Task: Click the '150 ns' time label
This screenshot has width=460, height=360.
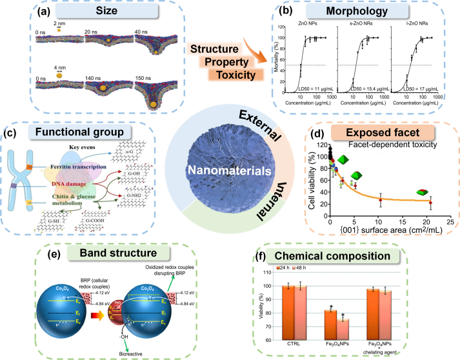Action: coord(145,64)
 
